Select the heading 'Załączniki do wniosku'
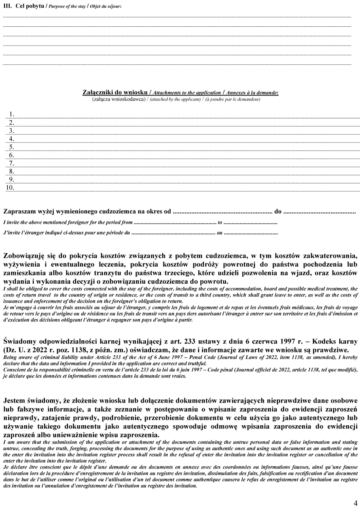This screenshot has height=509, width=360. [108, 93]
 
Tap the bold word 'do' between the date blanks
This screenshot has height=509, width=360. [278, 211]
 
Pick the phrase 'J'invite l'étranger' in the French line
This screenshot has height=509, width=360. [27, 233]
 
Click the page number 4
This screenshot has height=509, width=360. [354, 502]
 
